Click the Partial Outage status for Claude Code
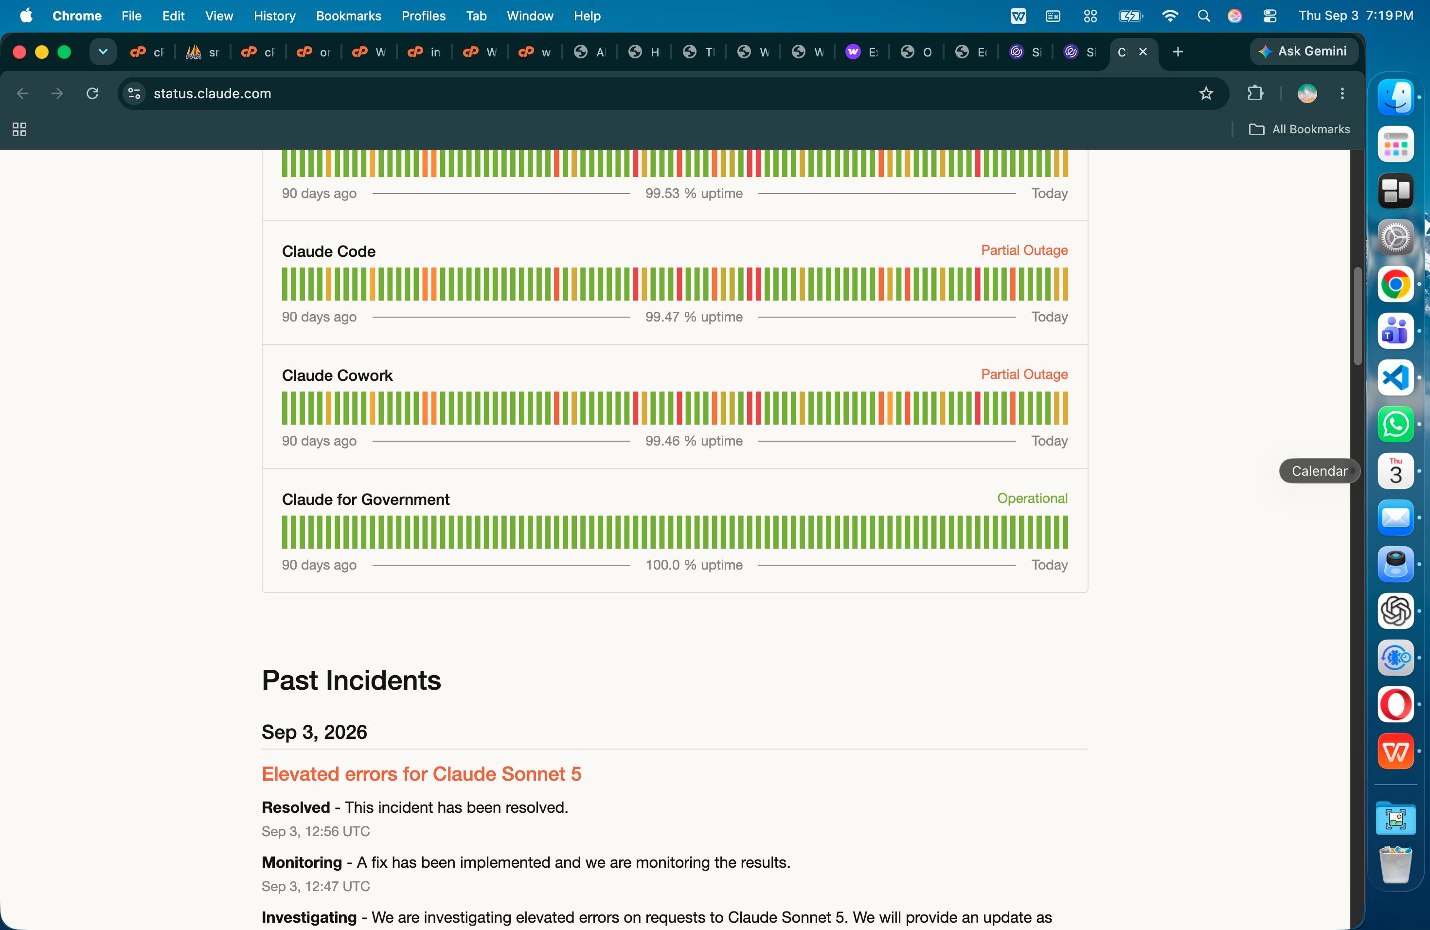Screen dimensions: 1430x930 coord(1024,250)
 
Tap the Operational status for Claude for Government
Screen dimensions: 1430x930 coord(1032,498)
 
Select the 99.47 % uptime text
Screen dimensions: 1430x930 coord(694,317)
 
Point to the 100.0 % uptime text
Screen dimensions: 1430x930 coord(694,565)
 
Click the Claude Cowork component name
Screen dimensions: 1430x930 coord(337,376)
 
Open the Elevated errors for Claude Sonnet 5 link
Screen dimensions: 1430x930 coord(421,774)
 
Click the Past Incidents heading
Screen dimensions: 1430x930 coord(352,680)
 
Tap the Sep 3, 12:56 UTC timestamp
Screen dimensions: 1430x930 coord(316,831)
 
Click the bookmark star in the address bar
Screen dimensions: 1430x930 coord(1206,93)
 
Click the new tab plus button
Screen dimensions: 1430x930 coord(1178,52)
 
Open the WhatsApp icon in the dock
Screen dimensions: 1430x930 coord(1395,424)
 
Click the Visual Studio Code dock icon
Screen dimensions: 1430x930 coord(1395,377)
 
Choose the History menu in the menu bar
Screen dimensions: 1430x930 coord(275,16)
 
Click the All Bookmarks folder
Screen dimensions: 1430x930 coord(1300,129)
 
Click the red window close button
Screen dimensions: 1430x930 coord(19,52)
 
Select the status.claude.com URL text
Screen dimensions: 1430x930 coord(212,93)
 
